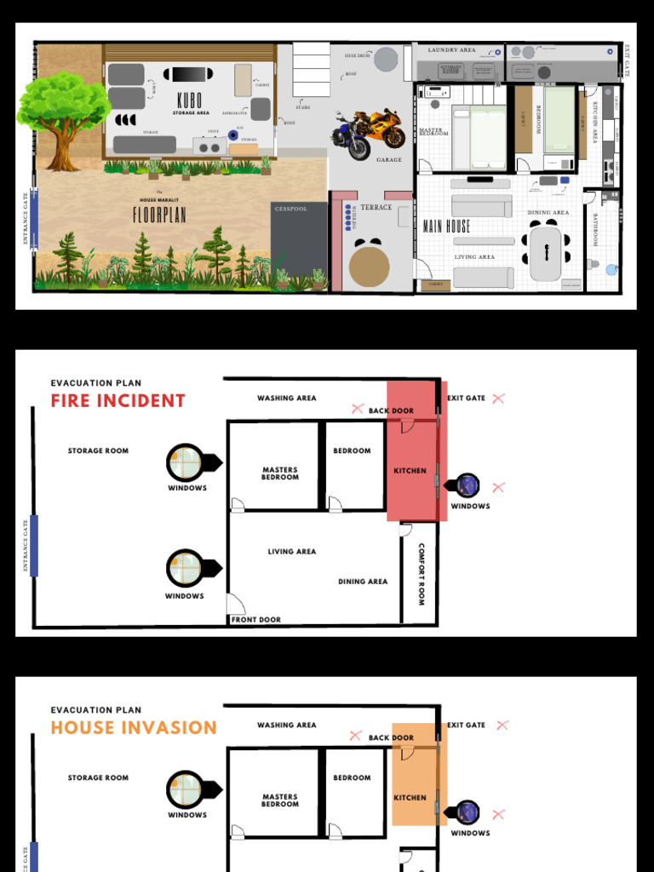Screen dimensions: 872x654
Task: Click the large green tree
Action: [x=64, y=111]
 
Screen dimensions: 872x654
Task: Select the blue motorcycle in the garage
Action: [x=351, y=137]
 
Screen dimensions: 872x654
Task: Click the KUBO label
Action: [x=189, y=100]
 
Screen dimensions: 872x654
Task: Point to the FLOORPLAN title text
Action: [x=159, y=215]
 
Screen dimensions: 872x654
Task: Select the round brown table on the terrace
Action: [x=370, y=266]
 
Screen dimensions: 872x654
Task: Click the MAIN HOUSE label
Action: [x=446, y=227]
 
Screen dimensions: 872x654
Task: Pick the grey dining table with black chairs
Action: [x=546, y=253]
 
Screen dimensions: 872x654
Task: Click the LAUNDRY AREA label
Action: [x=451, y=50]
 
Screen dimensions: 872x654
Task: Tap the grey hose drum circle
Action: [x=386, y=59]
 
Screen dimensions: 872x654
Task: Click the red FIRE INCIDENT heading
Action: [x=118, y=401]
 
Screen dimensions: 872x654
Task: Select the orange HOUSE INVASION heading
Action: [x=134, y=728]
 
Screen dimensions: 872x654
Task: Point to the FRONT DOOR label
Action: [x=256, y=620]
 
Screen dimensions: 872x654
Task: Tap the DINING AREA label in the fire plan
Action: [x=363, y=582]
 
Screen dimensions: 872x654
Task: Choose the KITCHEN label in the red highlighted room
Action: [x=410, y=471]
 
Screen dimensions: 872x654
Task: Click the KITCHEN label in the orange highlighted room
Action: [x=410, y=798]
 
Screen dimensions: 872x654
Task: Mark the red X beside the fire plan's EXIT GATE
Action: [x=498, y=398]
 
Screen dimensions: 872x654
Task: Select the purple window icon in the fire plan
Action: [x=468, y=485]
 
